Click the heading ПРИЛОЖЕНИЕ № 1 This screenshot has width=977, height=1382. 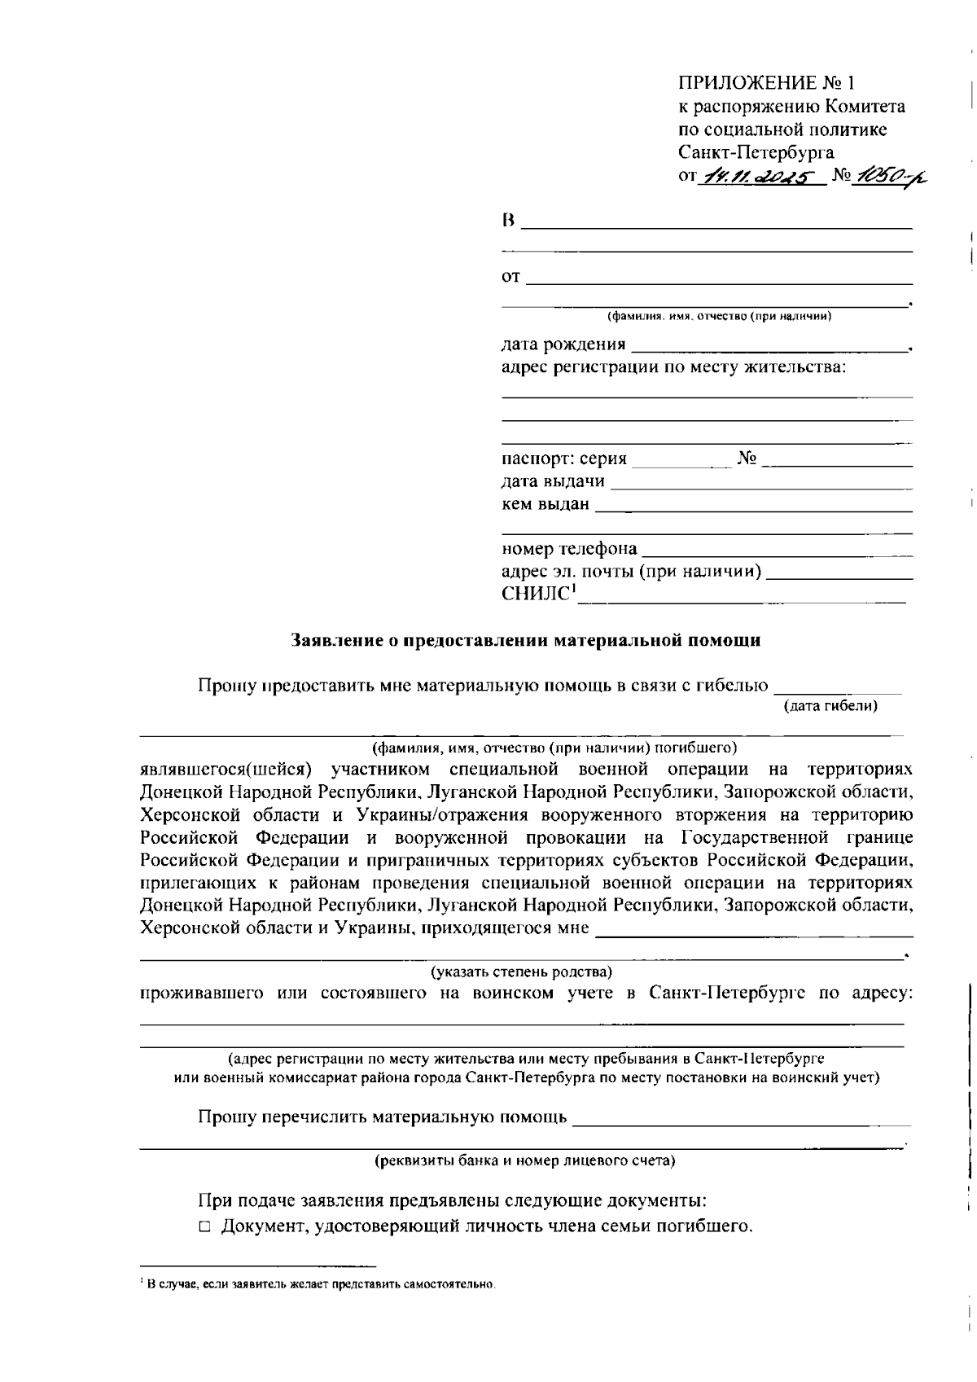click(767, 83)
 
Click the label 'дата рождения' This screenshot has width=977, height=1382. click(563, 344)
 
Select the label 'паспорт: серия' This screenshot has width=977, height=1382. click(564, 458)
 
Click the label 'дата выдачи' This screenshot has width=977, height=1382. click(553, 481)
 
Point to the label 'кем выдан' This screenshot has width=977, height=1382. click(545, 504)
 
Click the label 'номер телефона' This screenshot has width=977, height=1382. click(569, 549)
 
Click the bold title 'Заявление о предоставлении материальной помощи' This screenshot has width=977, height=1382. click(526, 641)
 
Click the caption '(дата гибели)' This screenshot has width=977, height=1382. click(830, 706)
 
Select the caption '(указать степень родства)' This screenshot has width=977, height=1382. click(521, 972)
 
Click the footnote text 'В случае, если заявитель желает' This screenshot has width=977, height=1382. click(319, 1284)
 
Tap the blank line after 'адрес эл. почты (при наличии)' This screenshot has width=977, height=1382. click(839, 577)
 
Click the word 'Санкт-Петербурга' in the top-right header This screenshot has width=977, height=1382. click(756, 152)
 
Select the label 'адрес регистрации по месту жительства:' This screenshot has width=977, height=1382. click(673, 367)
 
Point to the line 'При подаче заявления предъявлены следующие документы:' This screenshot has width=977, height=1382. click(452, 1201)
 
